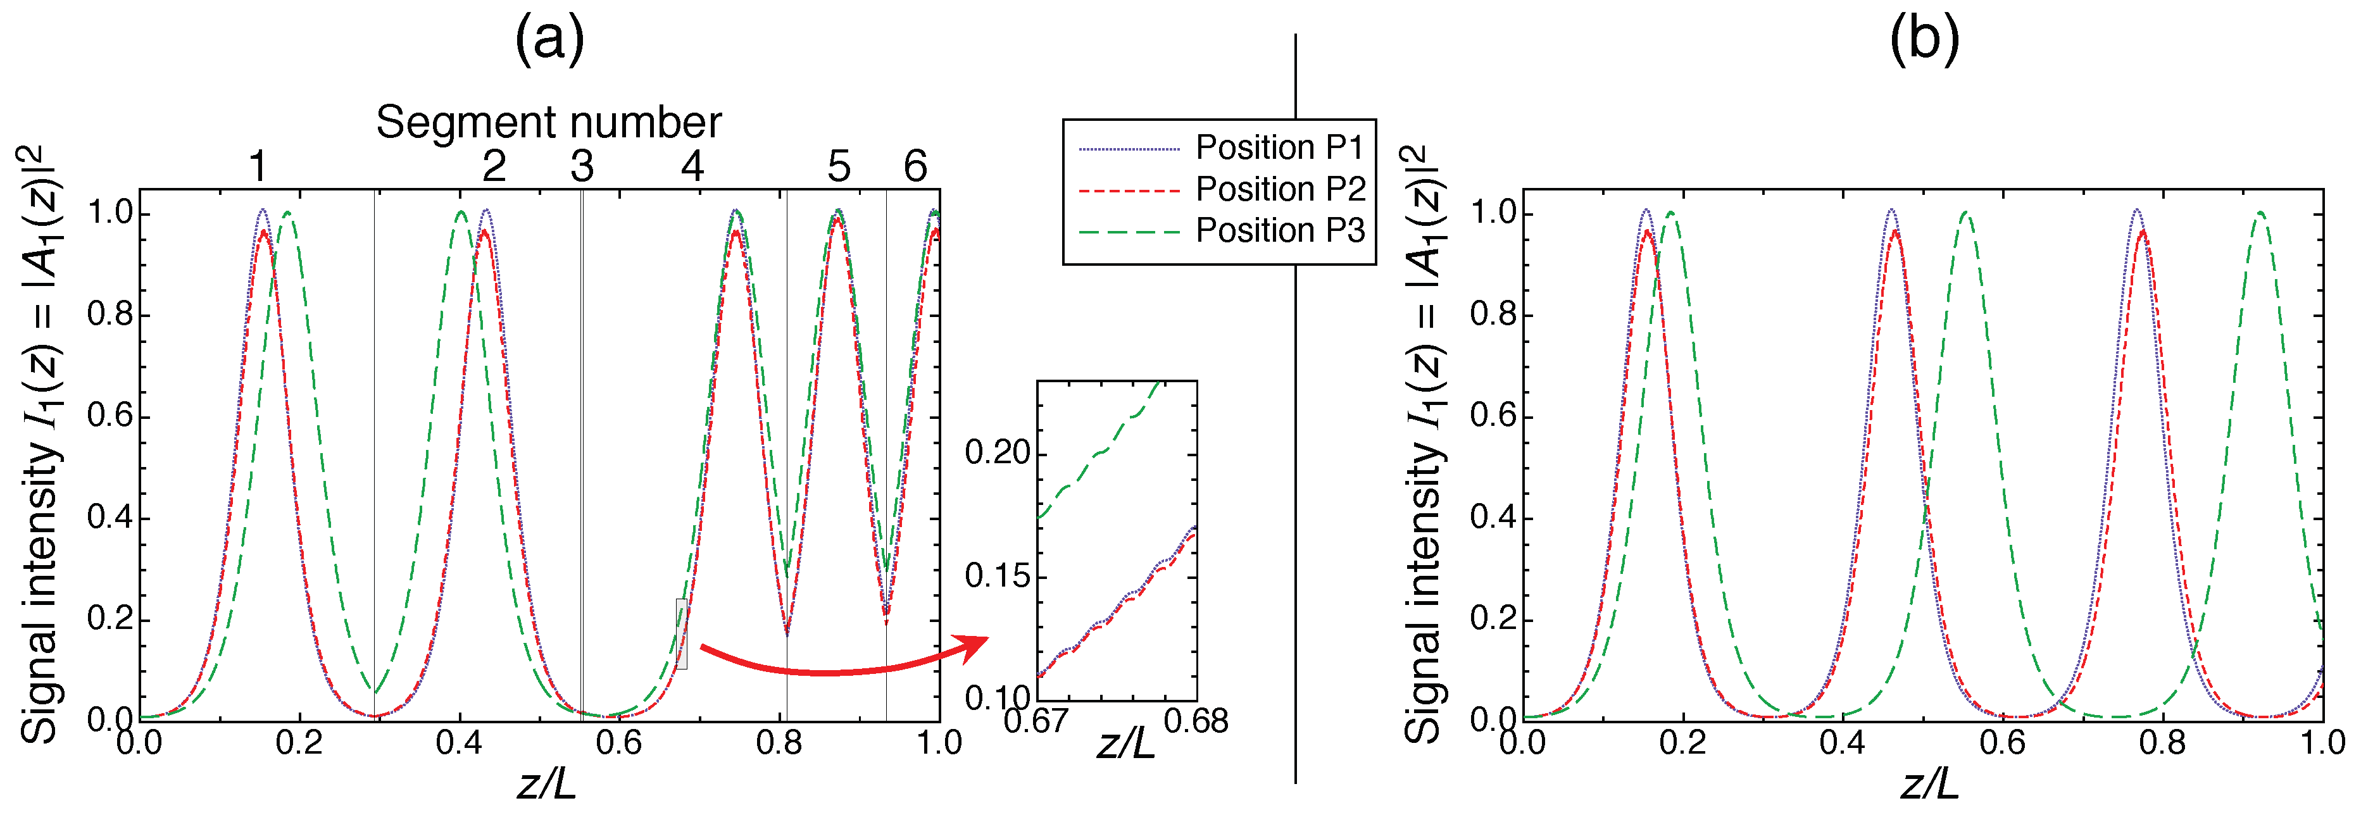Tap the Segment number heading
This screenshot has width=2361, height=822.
548,122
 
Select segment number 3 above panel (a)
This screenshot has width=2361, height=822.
582,167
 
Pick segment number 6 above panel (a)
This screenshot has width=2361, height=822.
915,167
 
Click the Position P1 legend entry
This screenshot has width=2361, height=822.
1279,147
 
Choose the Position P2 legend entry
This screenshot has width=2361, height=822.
1279,189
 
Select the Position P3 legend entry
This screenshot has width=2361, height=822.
1279,230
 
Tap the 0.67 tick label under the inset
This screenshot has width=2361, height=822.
1036,721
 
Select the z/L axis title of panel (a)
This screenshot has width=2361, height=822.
546,783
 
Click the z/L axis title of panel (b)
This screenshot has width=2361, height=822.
1929,783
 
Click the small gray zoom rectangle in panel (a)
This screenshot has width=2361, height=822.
681,633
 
